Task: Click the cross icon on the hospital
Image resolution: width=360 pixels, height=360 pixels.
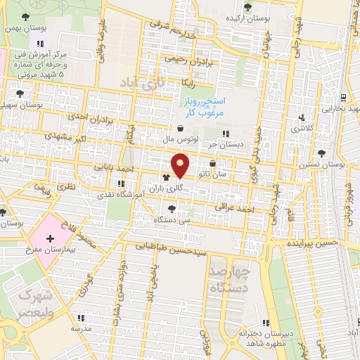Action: click(x=50, y=240)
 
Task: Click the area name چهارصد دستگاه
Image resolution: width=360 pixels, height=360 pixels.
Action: click(x=230, y=279)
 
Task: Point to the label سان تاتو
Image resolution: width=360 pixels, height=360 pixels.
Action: click(x=231, y=174)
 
